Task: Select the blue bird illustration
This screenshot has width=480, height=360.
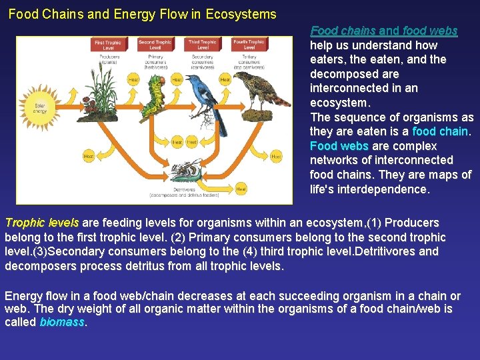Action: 207,97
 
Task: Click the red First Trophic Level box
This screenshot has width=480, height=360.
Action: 108,45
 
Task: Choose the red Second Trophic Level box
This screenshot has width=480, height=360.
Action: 155,45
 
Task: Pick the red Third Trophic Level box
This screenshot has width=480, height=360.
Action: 203,45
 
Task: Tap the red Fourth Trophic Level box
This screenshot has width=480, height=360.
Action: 249,45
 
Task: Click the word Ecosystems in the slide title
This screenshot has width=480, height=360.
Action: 243,14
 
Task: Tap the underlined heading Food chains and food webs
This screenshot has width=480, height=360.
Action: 383,31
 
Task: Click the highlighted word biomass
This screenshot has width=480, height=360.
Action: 62,322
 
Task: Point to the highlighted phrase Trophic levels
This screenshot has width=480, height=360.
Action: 41,223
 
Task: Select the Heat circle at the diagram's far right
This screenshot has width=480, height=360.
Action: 276,157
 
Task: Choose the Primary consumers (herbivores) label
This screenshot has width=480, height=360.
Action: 155,61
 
